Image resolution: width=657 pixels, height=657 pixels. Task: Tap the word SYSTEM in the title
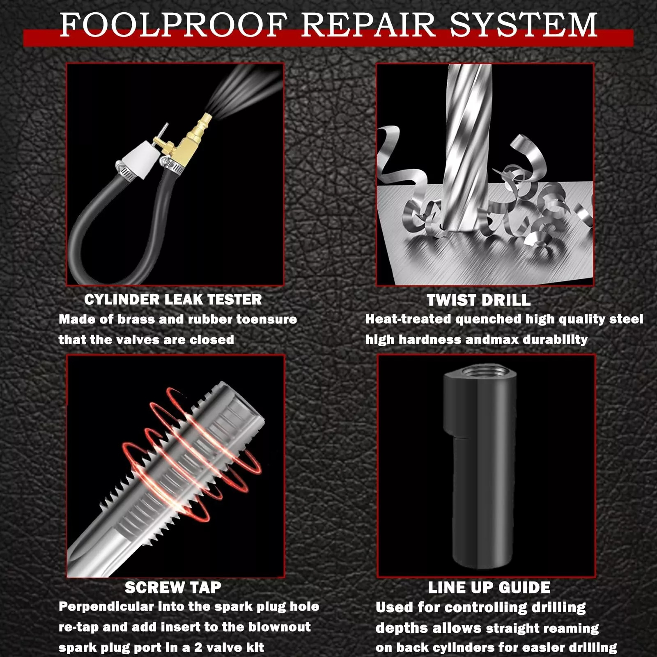click(x=523, y=25)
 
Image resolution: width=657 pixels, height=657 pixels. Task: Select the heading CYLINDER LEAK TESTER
click(x=173, y=299)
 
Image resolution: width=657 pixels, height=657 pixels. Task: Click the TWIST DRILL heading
click(x=478, y=300)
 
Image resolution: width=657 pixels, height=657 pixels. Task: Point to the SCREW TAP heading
click(x=173, y=587)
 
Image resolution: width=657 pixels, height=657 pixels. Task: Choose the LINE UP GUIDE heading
click(x=489, y=587)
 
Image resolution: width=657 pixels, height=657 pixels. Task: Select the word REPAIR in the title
click(x=368, y=25)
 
